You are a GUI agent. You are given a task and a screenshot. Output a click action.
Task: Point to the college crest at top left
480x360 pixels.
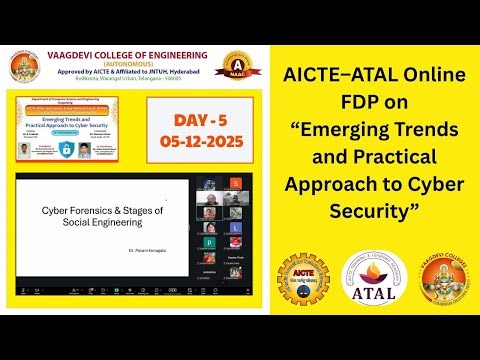pyautogui.click(x=25, y=66)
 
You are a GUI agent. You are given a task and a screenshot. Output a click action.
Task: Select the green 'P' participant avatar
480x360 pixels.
pyautogui.click(x=210, y=242)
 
